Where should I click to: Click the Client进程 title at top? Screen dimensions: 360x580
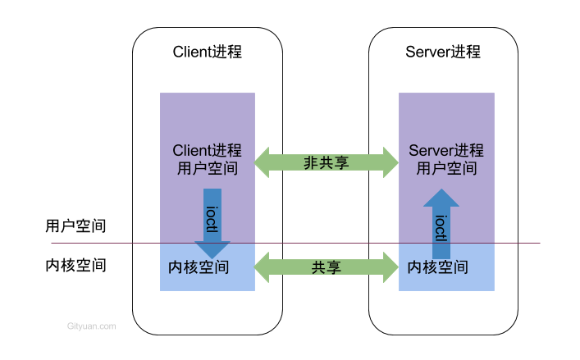tap(208, 52)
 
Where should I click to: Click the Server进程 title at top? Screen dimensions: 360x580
tap(443, 52)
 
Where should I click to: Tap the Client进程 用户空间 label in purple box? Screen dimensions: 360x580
tap(208, 160)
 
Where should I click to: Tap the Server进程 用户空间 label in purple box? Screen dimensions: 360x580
tap(446, 160)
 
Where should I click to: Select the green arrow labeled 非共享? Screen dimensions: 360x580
tap(327, 162)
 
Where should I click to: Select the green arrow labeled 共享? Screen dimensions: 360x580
tap(327, 267)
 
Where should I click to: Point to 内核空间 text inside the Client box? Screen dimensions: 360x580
tap(199, 267)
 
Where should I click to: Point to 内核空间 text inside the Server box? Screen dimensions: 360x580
tap(438, 267)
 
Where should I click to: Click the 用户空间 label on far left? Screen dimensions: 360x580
tap(75, 226)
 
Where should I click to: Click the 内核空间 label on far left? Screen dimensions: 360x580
tap(75, 266)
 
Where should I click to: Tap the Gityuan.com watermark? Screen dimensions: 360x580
tap(91, 326)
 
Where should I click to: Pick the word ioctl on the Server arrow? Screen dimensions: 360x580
tap(441, 228)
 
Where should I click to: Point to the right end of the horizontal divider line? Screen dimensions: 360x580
tap(539, 243)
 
